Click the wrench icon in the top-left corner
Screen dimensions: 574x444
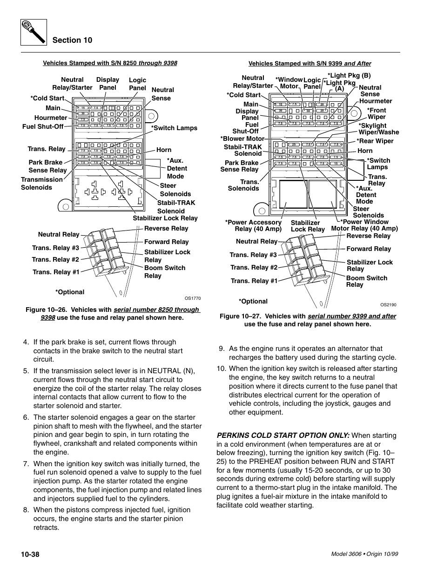(x=34, y=33)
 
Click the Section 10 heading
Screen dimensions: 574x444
(x=72, y=40)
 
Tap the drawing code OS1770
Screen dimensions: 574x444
(x=192, y=298)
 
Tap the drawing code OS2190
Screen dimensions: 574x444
(x=388, y=305)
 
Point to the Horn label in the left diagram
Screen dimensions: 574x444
(x=164, y=150)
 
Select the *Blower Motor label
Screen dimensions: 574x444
(x=242, y=139)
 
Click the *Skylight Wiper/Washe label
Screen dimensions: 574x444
(x=378, y=129)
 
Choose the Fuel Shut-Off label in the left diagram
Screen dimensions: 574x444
(x=43, y=126)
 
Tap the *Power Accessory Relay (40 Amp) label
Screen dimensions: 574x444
(x=254, y=225)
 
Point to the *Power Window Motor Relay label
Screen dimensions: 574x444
(x=364, y=225)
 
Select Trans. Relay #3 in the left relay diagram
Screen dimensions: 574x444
(x=55, y=248)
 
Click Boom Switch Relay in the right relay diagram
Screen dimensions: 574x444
(x=366, y=281)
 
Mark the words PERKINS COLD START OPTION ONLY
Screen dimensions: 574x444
(x=283, y=435)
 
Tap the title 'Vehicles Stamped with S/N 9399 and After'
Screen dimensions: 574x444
(x=309, y=64)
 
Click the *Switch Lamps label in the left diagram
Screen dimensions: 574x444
(x=174, y=128)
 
